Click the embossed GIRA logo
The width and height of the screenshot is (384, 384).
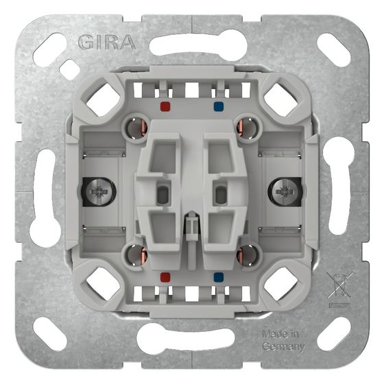click(107, 43)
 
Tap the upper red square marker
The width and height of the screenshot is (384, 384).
click(165, 107)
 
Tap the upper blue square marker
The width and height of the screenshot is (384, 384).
click(219, 107)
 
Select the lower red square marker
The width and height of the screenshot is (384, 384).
click(165, 277)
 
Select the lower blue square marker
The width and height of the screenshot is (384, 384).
click(219, 277)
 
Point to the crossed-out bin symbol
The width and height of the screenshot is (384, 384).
click(340, 286)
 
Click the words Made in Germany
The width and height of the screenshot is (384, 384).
click(283, 340)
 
